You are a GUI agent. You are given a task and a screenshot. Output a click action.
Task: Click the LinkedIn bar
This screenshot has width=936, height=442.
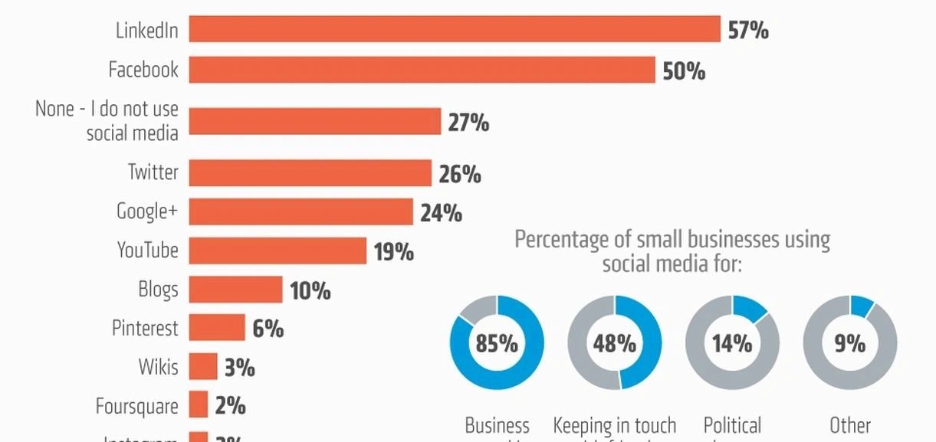pos(455,29)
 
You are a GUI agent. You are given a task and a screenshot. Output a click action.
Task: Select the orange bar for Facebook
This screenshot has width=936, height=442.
pos(422,70)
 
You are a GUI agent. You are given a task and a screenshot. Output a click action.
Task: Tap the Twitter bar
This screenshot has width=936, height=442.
pos(310,173)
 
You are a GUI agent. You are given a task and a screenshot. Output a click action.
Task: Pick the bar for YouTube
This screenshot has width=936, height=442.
pos(278,250)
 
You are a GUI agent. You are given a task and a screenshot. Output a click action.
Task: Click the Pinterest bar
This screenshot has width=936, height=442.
pos(217,328)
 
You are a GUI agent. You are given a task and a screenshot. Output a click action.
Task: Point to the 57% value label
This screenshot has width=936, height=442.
pos(748,31)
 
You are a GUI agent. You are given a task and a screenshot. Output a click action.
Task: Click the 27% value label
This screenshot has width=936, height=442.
pos(468,123)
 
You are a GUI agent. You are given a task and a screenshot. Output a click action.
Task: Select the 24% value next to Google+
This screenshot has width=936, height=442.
pos(441,213)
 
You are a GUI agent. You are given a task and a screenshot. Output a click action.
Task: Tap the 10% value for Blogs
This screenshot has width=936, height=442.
pos(310,291)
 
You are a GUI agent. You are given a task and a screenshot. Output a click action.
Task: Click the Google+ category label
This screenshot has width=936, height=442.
pos(147,211)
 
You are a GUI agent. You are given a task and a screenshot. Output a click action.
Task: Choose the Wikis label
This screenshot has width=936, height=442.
pos(158,367)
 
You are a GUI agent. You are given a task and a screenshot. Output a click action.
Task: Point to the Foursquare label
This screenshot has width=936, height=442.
pos(136,406)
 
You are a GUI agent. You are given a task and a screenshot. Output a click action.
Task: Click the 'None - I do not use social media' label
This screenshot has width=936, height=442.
pos(107,120)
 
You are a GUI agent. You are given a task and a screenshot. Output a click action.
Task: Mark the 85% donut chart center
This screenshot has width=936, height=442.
pos(497,343)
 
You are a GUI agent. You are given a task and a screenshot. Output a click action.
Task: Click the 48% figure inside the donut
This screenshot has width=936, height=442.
pos(615,343)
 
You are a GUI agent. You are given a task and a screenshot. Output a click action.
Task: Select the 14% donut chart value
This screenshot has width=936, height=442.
pos(732,343)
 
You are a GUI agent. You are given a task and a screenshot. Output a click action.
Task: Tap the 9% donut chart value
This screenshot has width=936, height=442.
pos(849,343)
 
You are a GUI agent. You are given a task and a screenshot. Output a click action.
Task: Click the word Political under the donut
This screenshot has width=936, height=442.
pos(732,426)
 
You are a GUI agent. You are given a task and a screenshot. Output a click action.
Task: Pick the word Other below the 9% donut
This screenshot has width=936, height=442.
pos(850,426)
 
